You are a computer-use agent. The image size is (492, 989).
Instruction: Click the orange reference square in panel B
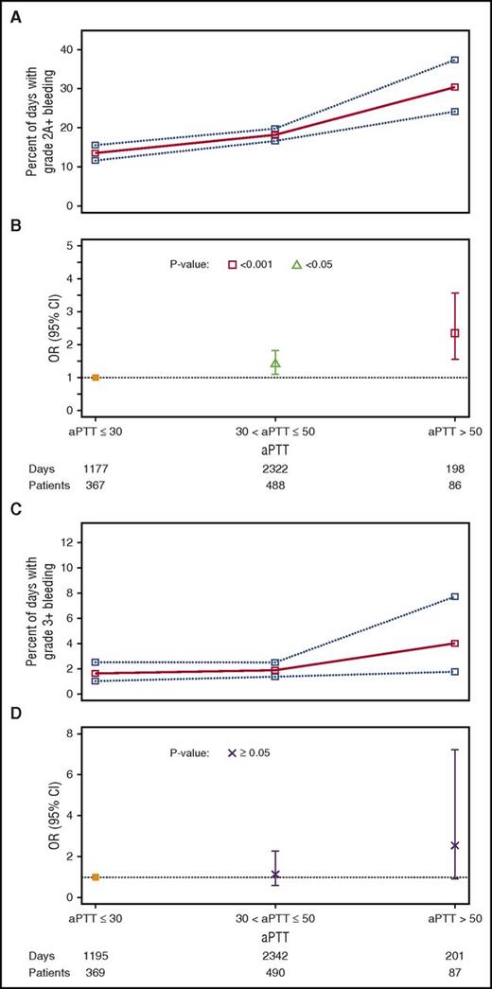[x=96, y=378]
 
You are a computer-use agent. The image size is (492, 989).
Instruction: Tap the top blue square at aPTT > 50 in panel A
[x=455, y=60]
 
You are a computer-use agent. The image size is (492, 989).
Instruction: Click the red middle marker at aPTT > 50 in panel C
[x=455, y=644]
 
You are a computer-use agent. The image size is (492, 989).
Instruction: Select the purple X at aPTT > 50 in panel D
[x=455, y=845]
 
